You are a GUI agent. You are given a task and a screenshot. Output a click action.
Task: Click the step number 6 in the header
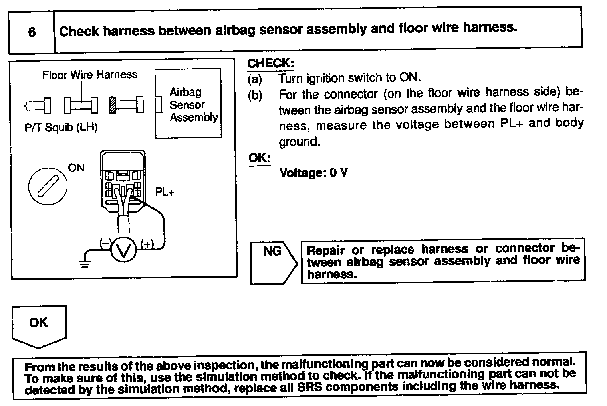coord(32,32)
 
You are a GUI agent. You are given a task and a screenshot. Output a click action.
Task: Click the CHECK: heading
coord(270,63)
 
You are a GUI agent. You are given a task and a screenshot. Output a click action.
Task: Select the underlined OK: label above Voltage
coord(259,158)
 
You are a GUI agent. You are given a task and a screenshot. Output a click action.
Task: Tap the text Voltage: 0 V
coord(313,173)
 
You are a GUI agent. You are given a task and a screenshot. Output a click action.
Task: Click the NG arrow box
coord(273,262)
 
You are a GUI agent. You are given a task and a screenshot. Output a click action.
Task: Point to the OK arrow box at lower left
coord(39,325)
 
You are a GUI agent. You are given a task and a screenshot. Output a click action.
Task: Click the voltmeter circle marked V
coord(123,250)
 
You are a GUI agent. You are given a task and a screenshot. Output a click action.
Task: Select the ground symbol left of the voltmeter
coord(85,262)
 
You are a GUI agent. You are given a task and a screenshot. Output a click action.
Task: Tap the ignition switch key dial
coord(48,186)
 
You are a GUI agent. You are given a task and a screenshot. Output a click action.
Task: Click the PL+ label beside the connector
coord(165,192)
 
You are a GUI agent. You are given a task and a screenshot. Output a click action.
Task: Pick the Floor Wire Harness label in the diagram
coord(89,75)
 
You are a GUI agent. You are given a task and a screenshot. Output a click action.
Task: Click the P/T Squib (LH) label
coord(61,128)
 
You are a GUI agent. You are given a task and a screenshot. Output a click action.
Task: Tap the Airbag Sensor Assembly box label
coord(193,104)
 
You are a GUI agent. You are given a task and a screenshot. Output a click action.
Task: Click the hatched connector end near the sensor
coord(113,105)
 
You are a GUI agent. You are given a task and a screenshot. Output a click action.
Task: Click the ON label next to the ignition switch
coord(76,168)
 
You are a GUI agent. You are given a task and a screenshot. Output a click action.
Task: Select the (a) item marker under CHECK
coord(255,79)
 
